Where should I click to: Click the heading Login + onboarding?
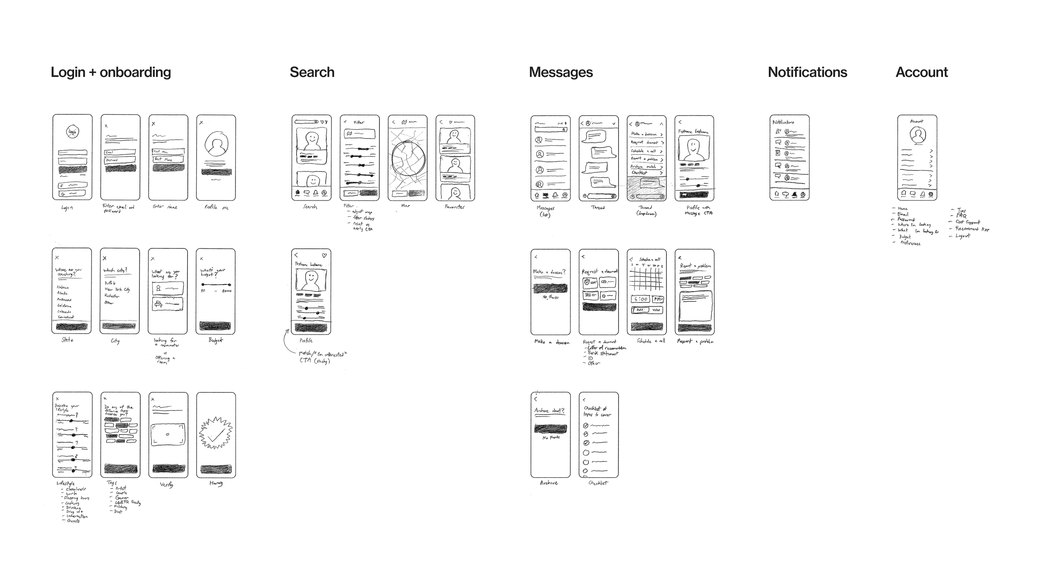pyautogui.click(x=111, y=72)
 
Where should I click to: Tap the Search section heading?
pyautogui.click(x=312, y=72)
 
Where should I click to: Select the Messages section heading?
pyautogui.click(x=561, y=72)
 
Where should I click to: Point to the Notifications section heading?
pyautogui.click(x=807, y=72)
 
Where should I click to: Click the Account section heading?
pyautogui.click(x=921, y=72)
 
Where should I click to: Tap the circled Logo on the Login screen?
pyautogui.click(x=72, y=132)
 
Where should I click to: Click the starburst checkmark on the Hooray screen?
pyautogui.click(x=215, y=434)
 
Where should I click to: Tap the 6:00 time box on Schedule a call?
pyautogui.click(x=640, y=299)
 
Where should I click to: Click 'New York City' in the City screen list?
pyautogui.click(x=117, y=289)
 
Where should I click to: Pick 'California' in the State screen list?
pyautogui.click(x=64, y=306)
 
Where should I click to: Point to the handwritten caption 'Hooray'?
pyautogui.click(x=216, y=483)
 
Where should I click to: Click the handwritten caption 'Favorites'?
pyautogui.click(x=454, y=207)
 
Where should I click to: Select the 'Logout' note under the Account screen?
pyautogui.click(x=962, y=236)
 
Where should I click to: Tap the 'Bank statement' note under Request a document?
pyautogui.click(x=603, y=353)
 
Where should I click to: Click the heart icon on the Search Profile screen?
pyautogui.click(x=324, y=255)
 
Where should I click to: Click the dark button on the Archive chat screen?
pyautogui.click(x=550, y=429)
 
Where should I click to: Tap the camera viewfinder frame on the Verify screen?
pyautogui.click(x=168, y=435)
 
